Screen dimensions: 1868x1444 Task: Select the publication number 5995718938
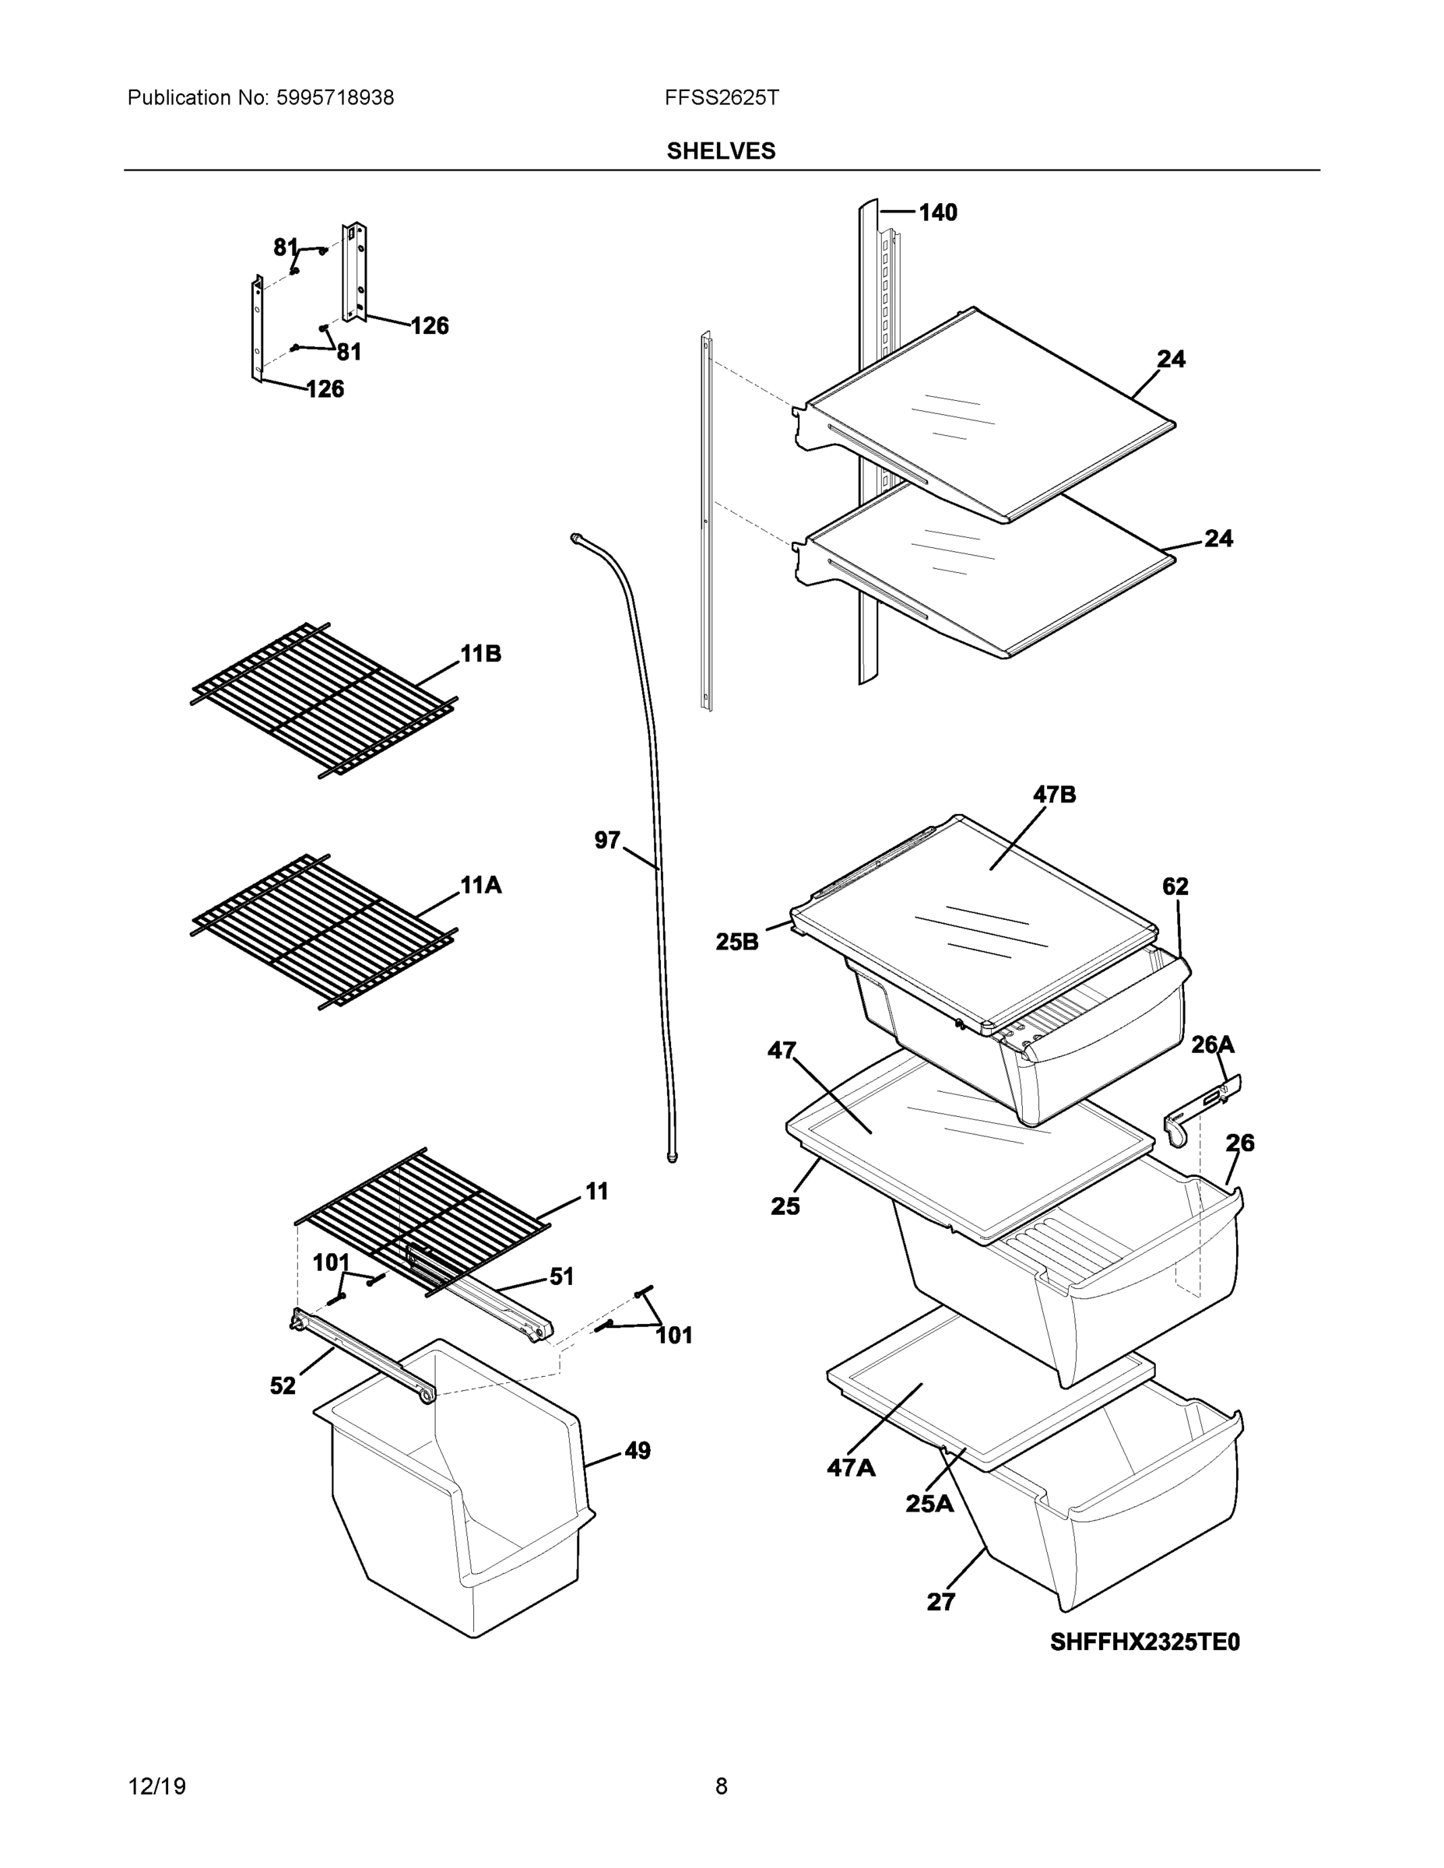point(335,98)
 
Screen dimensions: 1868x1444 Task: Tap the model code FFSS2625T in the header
point(721,97)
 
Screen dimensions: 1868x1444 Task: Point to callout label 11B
point(481,654)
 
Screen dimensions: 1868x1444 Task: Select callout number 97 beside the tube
point(606,841)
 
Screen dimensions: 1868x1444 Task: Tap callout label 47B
point(1054,795)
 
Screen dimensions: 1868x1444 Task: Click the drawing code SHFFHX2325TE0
point(1144,1642)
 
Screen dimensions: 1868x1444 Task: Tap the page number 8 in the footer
point(721,1786)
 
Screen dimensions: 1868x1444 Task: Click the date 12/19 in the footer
point(156,1786)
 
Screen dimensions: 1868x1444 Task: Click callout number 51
point(561,1277)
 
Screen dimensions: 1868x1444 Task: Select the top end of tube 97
point(577,537)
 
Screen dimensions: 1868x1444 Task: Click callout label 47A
point(850,1468)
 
